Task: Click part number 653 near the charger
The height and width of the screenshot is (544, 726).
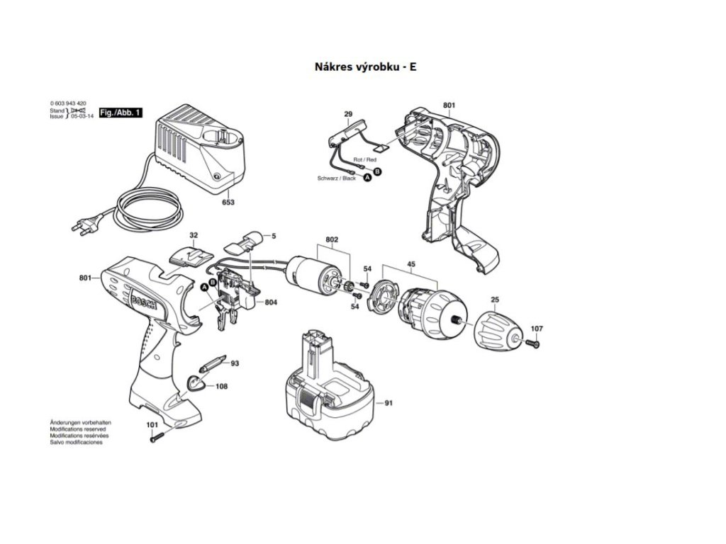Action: [x=228, y=202]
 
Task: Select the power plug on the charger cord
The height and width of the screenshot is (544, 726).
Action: [x=82, y=225]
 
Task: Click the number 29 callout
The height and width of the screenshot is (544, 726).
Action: [x=348, y=114]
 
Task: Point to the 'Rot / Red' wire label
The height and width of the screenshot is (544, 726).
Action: [x=365, y=160]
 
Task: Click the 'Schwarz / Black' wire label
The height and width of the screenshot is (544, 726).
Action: [x=337, y=178]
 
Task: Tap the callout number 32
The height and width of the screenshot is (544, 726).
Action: [x=194, y=234]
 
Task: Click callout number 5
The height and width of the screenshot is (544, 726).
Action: [x=273, y=235]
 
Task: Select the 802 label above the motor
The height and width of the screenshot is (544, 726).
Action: [x=332, y=240]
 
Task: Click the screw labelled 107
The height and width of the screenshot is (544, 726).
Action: [x=532, y=344]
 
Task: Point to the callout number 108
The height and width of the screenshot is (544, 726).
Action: [x=221, y=386]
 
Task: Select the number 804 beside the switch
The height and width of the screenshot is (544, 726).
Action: [x=270, y=302]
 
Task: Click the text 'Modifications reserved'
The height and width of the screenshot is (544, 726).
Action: [x=78, y=429]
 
